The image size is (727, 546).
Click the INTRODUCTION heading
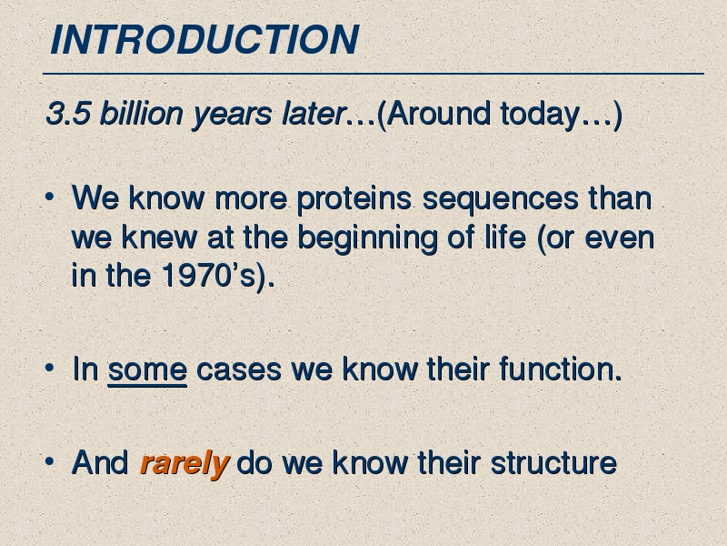click(x=204, y=39)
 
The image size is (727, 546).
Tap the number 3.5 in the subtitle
click(x=67, y=113)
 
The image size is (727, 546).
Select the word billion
click(x=142, y=113)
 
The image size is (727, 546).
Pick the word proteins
click(x=354, y=199)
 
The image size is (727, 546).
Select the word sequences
click(x=501, y=199)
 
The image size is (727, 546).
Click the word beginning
click(x=367, y=238)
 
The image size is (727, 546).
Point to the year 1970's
click(x=209, y=275)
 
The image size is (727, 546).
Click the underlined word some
click(x=147, y=370)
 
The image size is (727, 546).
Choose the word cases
click(x=239, y=370)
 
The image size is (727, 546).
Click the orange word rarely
click(x=185, y=463)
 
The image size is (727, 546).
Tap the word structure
click(x=553, y=463)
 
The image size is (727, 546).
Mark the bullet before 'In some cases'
click(x=50, y=369)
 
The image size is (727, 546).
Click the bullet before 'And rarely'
click(x=50, y=461)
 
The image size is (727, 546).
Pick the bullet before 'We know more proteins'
click(x=50, y=197)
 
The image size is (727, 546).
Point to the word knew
click(x=159, y=237)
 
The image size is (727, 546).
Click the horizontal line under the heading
click(x=373, y=74)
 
